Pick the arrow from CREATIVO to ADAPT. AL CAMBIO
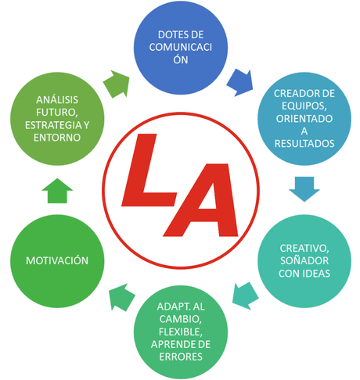point(245,294)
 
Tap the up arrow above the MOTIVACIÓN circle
point(56,190)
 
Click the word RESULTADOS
point(304,144)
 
